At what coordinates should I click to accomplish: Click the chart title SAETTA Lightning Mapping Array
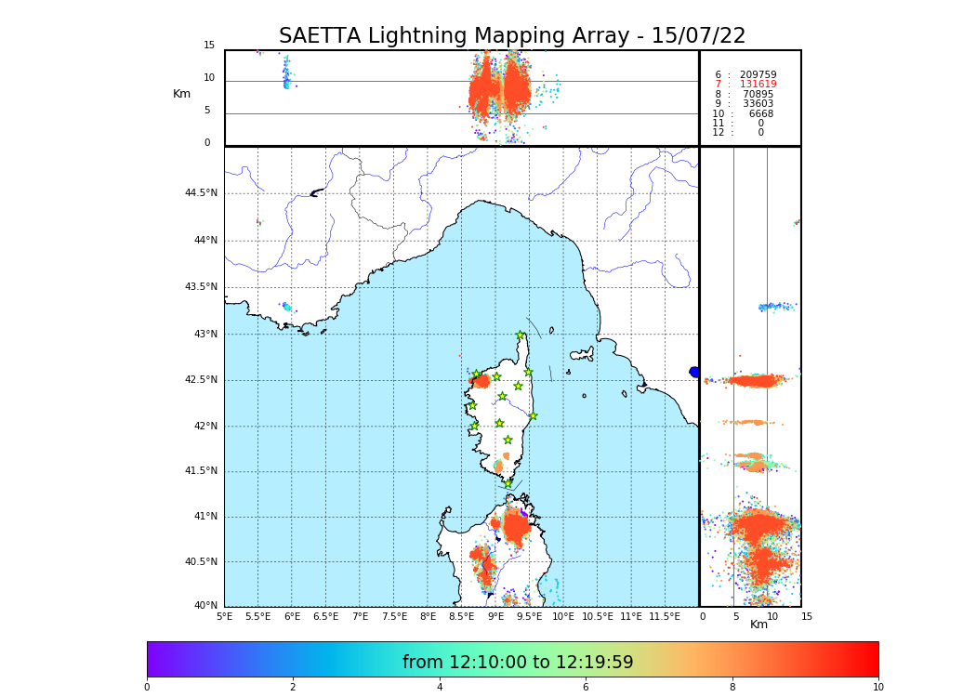coord(512,36)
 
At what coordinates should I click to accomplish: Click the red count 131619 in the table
coord(758,85)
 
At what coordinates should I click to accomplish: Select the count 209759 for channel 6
coord(758,75)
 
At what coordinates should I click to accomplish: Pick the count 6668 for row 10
coord(760,114)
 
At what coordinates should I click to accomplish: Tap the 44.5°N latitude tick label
coord(201,193)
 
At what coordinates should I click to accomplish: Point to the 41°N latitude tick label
coord(204,517)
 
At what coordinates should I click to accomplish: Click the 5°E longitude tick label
coord(224,616)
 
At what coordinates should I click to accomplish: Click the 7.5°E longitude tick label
coord(394,616)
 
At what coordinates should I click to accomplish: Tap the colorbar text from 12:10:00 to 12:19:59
coord(518,663)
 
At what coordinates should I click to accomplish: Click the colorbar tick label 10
coord(877,688)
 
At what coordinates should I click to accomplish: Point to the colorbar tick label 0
coord(147,688)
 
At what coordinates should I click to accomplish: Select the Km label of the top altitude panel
coord(181,94)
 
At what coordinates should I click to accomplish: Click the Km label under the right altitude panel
coord(758,625)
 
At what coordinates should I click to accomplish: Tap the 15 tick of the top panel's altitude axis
coord(209,46)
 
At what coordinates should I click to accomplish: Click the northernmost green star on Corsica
coord(521,335)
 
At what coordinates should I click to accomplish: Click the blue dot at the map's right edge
coord(694,372)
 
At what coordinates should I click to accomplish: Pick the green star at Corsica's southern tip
coord(508,483)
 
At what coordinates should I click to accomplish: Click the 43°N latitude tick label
coord(204,334)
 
